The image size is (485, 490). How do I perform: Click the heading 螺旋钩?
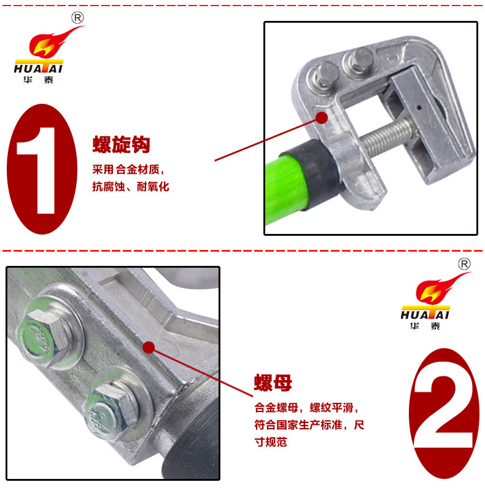click(x=122, y=144)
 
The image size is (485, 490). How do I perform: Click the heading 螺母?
click(x=273, y=383)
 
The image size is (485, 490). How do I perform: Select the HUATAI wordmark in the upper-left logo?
click(x=39, y=68)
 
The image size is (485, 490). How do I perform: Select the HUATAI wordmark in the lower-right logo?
click(x=425, y=314)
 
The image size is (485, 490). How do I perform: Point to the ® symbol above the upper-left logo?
click(x=77, y=18)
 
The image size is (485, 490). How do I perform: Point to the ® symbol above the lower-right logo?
click(x=464, y=265)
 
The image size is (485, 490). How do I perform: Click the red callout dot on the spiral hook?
click(x=322, y=118)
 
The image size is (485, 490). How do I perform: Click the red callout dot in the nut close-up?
click(x=149, y=347)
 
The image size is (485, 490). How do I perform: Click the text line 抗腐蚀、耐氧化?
click(x=131, y=187)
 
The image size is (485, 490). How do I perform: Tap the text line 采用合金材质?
click(x=128, y=169)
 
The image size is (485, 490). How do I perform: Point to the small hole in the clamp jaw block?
click(x=419, y=108)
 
